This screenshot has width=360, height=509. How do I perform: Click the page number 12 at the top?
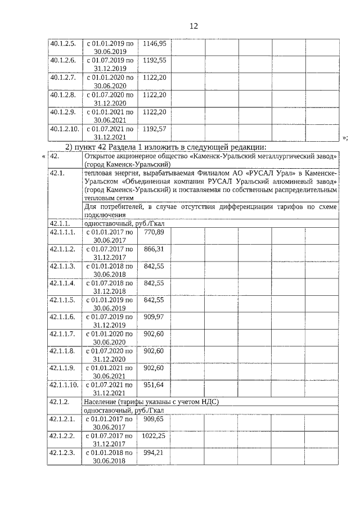pos(194,26)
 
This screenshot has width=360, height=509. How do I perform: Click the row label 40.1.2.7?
pos(62,77)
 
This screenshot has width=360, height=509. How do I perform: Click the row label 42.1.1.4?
pos(62,283)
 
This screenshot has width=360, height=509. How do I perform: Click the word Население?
pos(101,402)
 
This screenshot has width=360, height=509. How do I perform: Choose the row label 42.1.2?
pos(60,402)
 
